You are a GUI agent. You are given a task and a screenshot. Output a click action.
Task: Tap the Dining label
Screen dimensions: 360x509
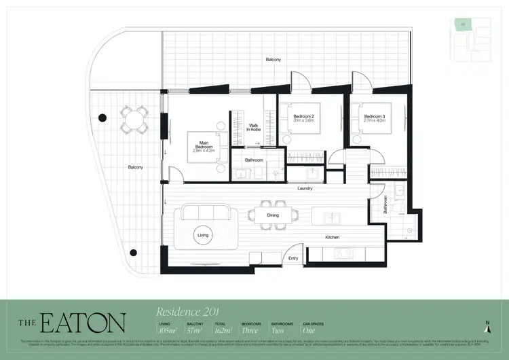coord(273,215)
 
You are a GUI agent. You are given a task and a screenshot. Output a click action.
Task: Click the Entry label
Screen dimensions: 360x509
coord(293,258)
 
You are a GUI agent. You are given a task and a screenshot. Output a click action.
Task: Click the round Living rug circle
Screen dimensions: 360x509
coord(203,235)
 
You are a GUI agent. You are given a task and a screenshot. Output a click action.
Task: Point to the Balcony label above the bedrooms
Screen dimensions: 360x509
coord(274,60)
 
